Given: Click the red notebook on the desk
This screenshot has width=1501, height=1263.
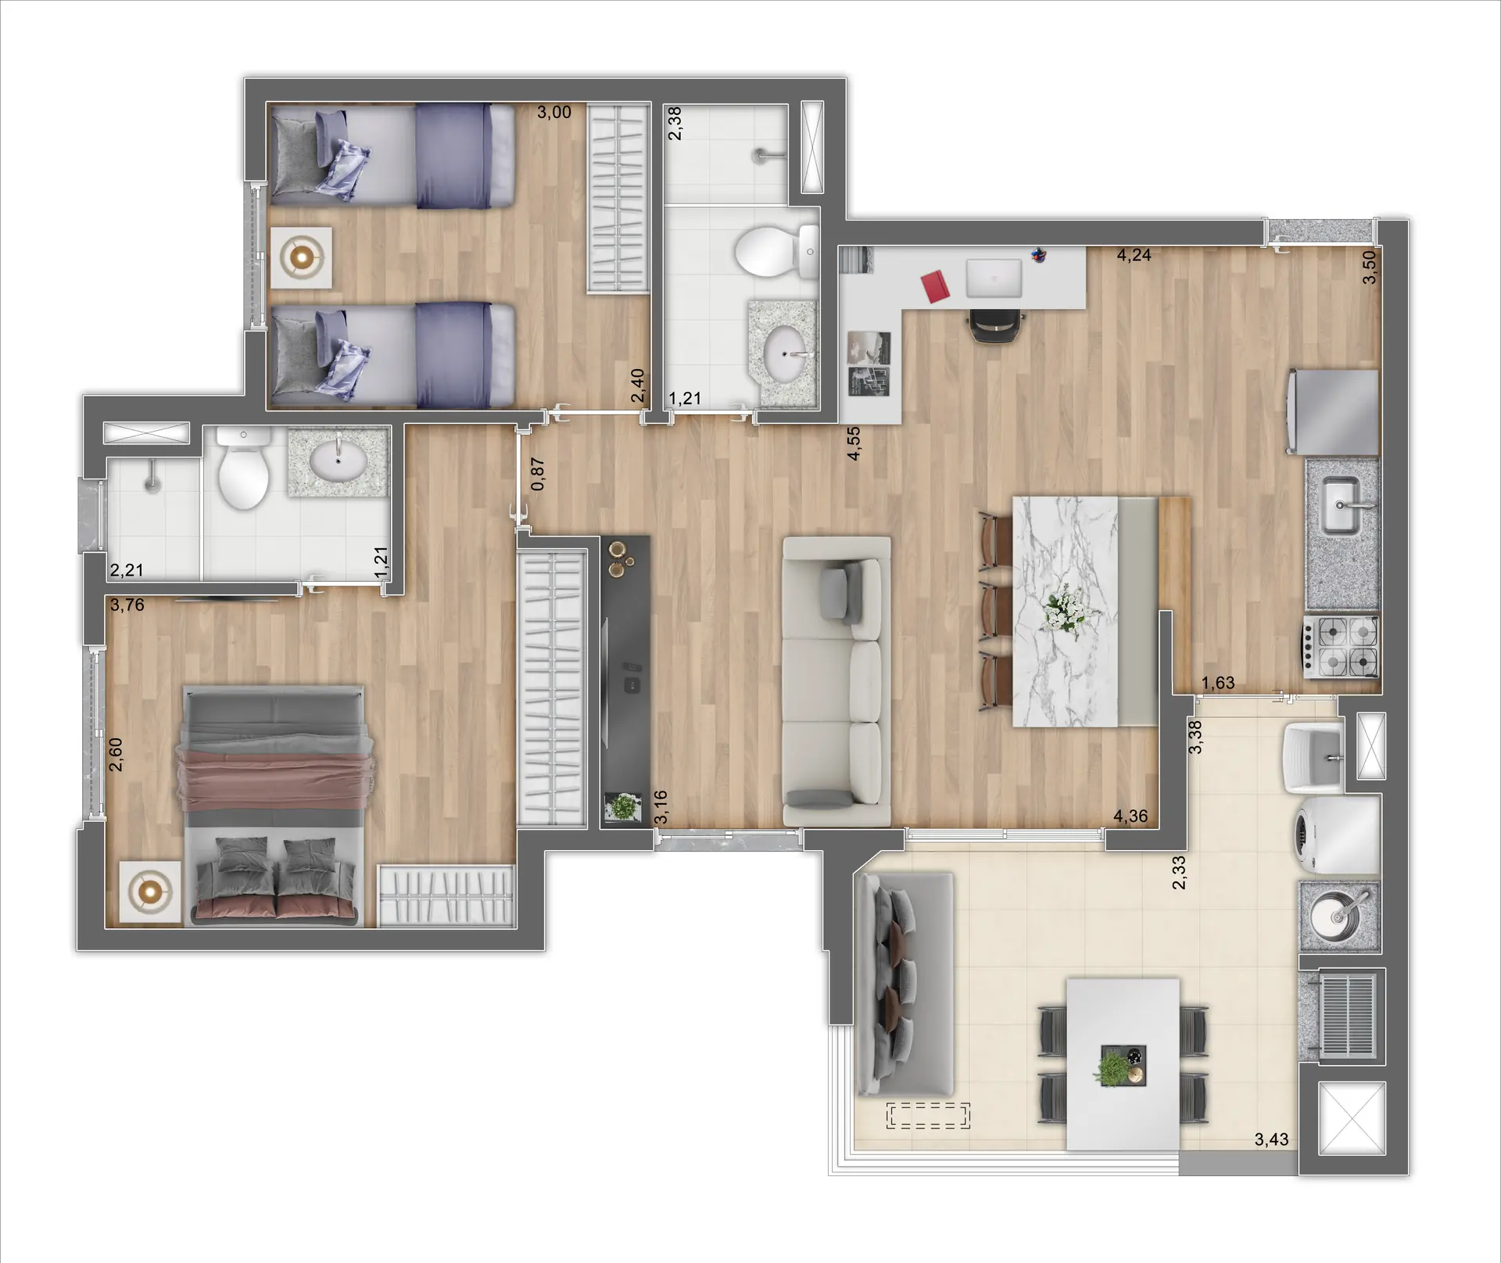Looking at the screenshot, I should point(936,286).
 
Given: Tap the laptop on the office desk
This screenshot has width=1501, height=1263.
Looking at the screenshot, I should point(994,278).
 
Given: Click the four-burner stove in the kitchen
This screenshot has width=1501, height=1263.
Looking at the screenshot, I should point(1342,646).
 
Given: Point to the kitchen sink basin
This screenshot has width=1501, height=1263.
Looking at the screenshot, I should point(1342,505).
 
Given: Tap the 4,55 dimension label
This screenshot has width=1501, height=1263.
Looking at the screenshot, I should point(854,443).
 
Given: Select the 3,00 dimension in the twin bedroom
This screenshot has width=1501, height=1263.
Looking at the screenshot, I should point(553,113).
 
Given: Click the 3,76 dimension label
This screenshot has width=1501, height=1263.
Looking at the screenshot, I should point(127,605).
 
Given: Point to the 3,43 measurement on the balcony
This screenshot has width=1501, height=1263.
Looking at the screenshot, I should point(1271,1139).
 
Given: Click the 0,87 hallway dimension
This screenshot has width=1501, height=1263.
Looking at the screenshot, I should point(538,474).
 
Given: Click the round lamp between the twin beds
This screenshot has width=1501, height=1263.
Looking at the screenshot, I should point(301,257).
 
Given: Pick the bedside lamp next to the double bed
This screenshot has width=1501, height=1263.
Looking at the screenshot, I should point(150,891).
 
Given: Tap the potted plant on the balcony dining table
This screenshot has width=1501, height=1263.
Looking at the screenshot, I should point(1112,1067).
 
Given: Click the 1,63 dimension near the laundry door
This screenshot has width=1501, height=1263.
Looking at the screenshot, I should point(1218,683).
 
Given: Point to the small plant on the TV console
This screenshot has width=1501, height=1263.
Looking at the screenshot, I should point(623,806).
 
